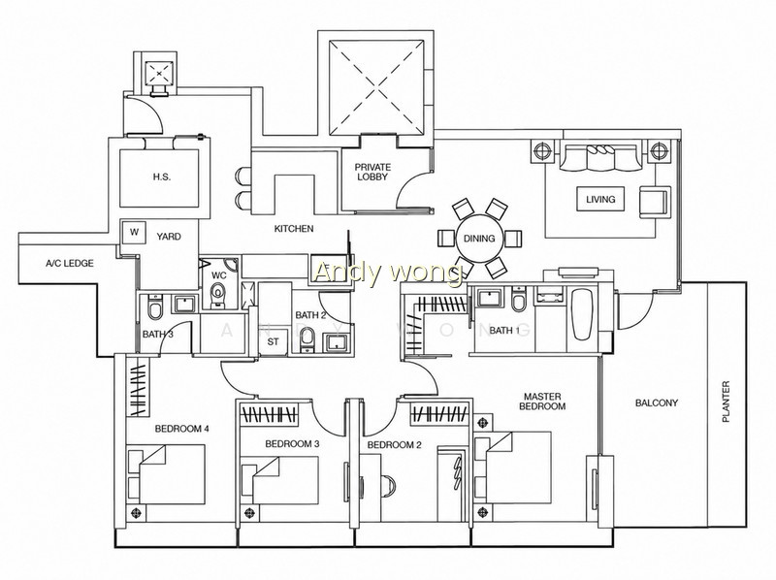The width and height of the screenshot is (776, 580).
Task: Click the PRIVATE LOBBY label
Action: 372,172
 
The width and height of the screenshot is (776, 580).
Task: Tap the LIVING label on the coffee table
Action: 600,200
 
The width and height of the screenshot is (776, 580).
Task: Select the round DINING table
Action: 479,238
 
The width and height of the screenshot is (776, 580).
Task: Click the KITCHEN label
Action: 294,229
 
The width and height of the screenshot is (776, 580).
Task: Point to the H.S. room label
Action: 162,177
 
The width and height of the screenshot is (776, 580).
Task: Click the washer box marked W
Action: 134,232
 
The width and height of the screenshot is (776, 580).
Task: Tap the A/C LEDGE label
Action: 69,263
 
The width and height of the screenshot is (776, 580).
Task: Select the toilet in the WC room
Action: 217,295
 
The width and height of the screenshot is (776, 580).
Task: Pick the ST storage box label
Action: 274,341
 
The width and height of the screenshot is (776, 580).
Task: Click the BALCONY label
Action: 657,403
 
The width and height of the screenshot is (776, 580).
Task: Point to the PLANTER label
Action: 726,401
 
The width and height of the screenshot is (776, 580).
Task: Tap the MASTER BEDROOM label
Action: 544,402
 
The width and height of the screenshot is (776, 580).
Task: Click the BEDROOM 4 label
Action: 181,429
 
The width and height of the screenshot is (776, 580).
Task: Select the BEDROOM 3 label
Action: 292,444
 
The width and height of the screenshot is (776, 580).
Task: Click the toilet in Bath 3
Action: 155,307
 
